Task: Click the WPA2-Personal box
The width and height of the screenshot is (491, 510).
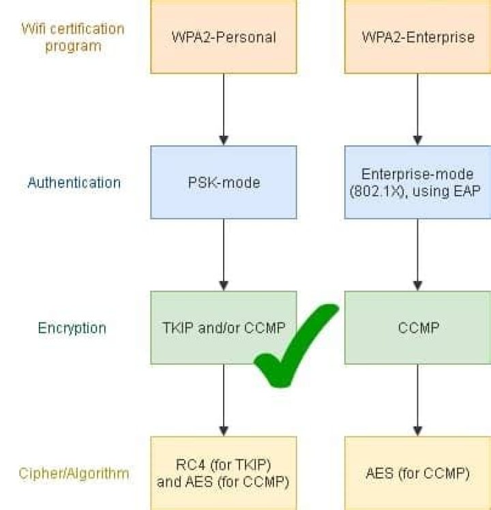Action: [223, 37]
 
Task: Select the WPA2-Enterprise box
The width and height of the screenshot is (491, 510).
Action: [417, 37]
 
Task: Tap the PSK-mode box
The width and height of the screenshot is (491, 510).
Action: [223, 182]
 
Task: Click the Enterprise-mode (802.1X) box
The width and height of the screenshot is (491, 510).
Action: [417, 182]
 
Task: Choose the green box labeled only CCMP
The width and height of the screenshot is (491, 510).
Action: [417, 327]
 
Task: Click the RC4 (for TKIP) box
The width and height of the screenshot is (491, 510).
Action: [223, 473]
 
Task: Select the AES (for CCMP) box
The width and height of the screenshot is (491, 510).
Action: [417, 473]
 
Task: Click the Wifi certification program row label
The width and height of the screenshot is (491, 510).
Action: [73, 37]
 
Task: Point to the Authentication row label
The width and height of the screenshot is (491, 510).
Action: [74, 183]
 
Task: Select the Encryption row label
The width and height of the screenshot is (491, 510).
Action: [72, 328]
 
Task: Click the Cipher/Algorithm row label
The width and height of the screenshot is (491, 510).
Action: [74, 473]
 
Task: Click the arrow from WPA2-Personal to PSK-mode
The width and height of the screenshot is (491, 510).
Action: [223, 109]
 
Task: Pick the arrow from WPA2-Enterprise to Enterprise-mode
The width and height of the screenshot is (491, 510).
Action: [417, 109]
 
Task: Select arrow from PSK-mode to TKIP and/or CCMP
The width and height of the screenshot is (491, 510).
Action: [223, 254]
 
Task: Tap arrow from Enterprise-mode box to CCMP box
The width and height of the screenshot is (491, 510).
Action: [417, 254]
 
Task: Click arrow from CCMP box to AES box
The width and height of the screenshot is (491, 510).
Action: [417, 400]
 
